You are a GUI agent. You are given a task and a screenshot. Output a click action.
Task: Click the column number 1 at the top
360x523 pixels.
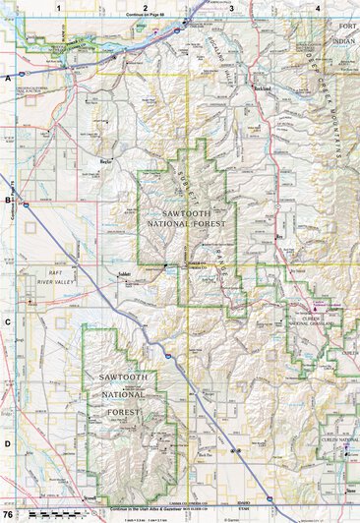60,8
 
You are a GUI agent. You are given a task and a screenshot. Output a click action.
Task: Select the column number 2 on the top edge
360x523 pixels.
146,8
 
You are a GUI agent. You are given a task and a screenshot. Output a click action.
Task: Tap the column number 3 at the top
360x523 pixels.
231,8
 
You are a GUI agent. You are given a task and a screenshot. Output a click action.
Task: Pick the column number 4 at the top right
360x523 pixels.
317,8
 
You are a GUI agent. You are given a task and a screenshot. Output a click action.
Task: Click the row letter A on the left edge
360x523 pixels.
8,77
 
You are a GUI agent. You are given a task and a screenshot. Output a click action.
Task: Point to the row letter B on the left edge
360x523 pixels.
8,199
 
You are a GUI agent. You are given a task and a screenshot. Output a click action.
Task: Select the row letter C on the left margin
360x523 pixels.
8,320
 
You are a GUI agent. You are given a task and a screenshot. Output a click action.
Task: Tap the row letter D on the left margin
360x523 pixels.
8,442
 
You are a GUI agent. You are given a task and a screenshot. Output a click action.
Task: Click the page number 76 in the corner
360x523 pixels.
9,514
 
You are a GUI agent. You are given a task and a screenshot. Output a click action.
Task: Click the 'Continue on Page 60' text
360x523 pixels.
146,17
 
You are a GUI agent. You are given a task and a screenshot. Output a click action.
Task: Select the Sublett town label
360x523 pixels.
126,276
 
